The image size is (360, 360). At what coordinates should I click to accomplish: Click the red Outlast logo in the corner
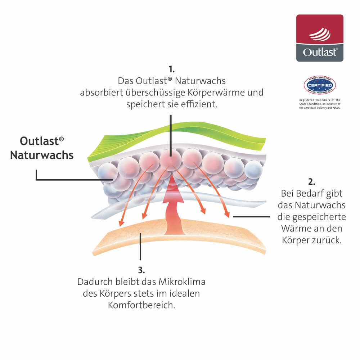tap(320, 38)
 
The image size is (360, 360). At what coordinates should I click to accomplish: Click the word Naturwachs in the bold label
tap(42, 155)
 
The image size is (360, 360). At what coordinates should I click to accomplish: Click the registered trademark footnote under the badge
tap(320, 104)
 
